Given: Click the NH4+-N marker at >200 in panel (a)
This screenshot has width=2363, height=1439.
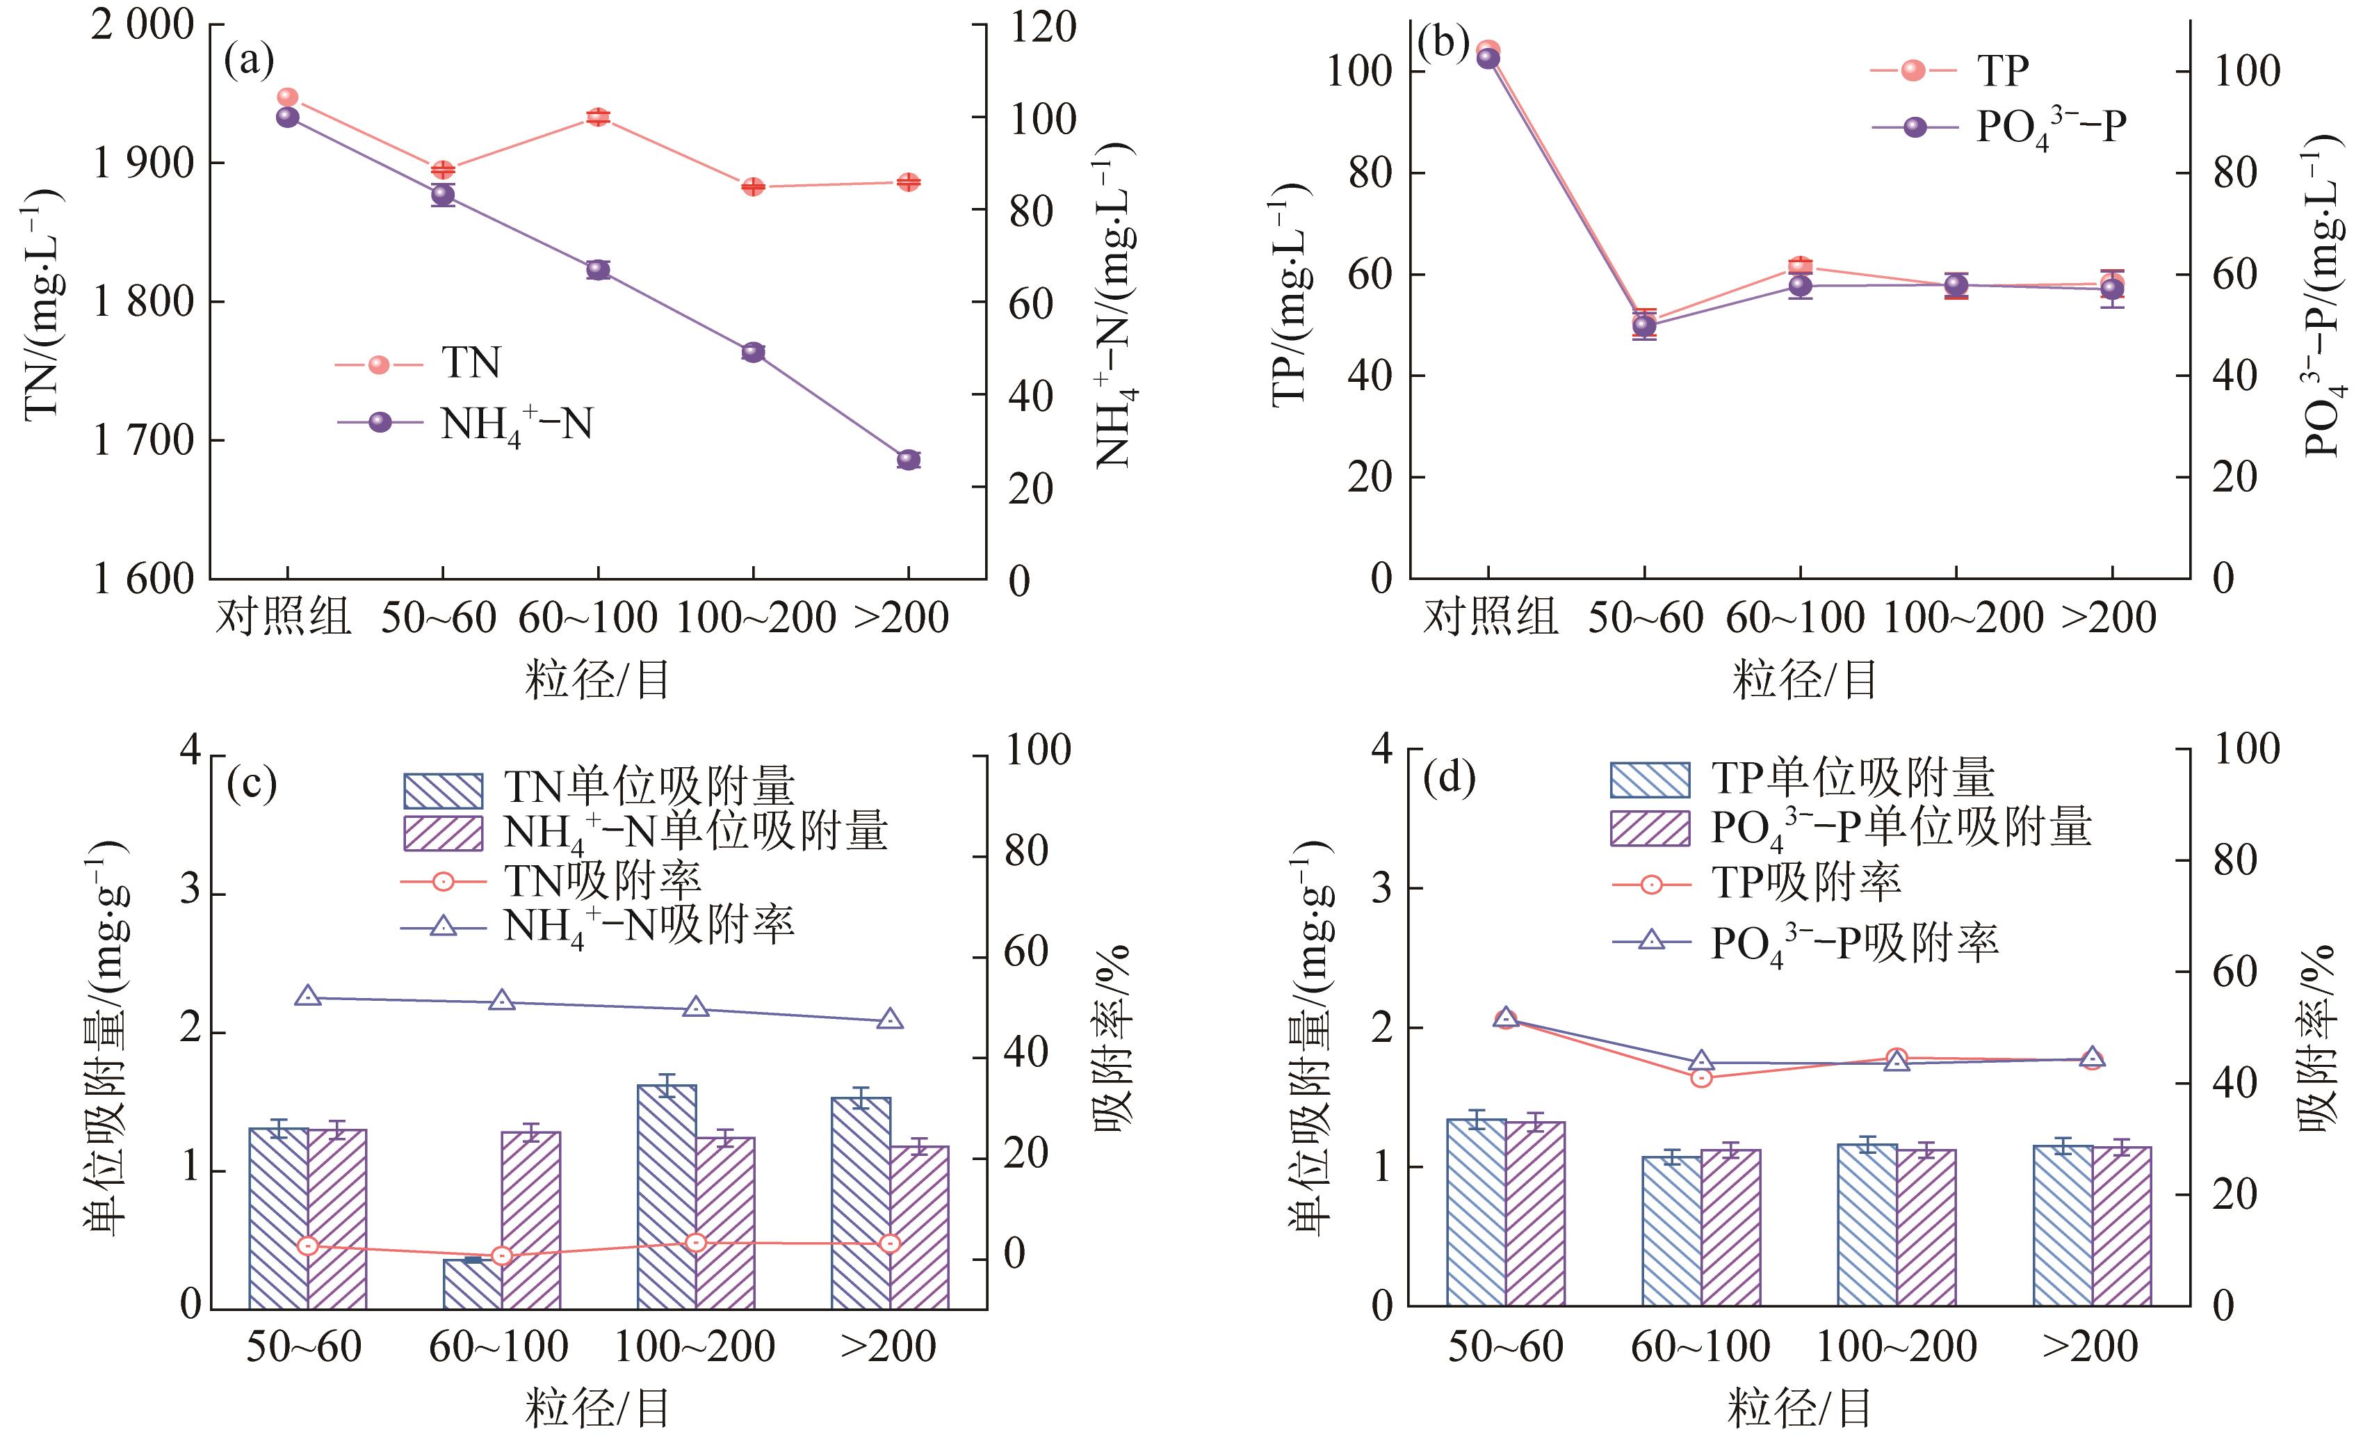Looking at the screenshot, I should click(x=908, y=460).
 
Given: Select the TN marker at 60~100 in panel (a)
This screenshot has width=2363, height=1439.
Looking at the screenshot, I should click(x=597, y=117).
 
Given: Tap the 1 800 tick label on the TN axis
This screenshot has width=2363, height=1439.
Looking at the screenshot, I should click(x=143, y=302).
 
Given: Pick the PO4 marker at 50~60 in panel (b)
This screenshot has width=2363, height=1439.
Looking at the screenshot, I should click(x=1643, y=326).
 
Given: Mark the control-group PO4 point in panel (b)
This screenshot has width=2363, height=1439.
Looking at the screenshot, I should click(x=1488, y=58).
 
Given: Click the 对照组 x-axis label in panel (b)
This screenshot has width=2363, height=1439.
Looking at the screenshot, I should click(x=1489, y=617).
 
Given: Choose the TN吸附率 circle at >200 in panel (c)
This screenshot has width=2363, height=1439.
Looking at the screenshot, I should click(x=890, y=1244).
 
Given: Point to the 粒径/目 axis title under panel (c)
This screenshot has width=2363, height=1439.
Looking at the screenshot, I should click(x=596, y=1408).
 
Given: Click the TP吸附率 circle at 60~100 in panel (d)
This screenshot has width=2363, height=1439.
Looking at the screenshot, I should click(x=1701, y=1078).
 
